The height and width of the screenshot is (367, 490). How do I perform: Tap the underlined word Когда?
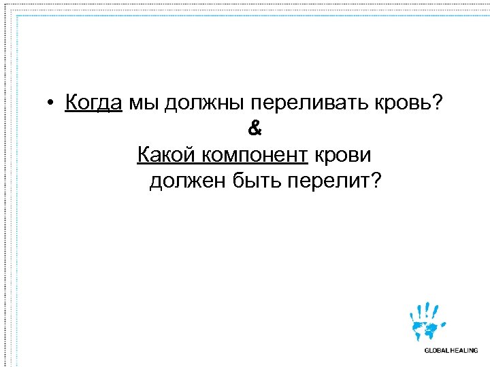click(94, 103)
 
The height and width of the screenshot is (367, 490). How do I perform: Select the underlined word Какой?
click(166, 155)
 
